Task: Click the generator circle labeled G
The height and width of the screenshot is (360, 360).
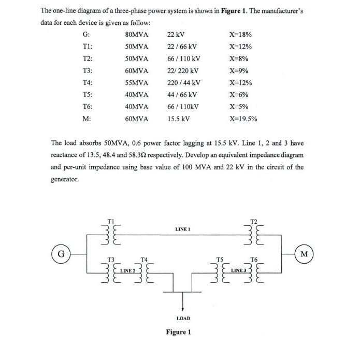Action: pos(61,254)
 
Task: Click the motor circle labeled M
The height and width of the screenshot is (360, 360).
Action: pos(304,254)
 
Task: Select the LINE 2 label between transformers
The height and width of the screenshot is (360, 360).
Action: pos(127,270)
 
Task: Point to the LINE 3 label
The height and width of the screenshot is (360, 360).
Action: pos(238,270)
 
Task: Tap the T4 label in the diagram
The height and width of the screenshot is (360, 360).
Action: pos(145,258)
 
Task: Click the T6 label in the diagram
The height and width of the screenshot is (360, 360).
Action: pos(254,258)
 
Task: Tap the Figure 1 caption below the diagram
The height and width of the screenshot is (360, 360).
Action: pos(178,332)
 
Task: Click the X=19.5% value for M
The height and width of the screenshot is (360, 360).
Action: pos(243,119)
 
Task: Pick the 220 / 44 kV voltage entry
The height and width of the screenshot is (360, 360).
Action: pos(184,83)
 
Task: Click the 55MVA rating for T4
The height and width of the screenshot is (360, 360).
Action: pos(137,83)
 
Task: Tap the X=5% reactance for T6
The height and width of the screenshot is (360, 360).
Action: pos(239,107)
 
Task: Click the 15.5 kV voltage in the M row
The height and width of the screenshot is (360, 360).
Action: pos(179,119)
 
